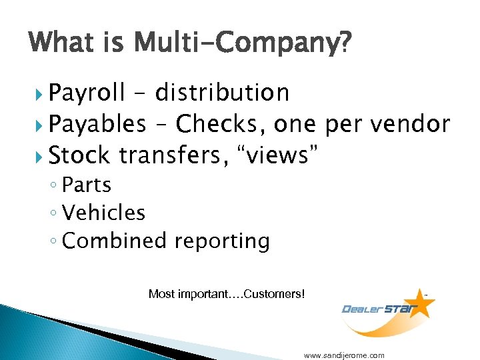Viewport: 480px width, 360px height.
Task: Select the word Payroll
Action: [87, 93]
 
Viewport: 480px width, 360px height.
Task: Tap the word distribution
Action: [222, 93]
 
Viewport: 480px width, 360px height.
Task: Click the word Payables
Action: [97, 124]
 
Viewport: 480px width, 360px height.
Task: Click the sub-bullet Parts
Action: [86, 185]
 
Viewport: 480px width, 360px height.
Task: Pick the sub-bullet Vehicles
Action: [103, 213]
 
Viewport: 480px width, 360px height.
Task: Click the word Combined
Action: [111, 241]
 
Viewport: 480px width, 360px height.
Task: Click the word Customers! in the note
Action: [275, 294]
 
